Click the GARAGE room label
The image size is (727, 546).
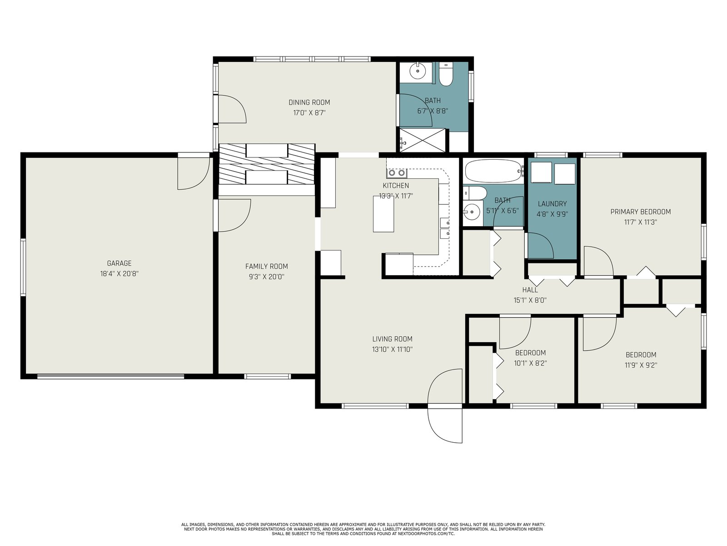coord(119,263)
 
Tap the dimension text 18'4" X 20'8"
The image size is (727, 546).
coord(119,274)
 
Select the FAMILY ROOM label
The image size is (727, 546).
coord(267,266)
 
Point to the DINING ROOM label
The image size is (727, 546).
coord(309,102)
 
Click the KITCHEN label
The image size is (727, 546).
coord(396,186)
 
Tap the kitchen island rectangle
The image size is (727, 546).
coord(383,214)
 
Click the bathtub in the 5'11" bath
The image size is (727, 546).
coord(494,171)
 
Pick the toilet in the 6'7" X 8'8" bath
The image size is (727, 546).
coord(446,74)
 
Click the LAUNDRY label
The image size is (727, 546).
coord(552,204)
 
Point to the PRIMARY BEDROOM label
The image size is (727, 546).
coord(641,212)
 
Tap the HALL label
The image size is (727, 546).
coord(530,290)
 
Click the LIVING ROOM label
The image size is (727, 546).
coord(393,339)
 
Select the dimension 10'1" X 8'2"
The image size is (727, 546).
coord(530,364)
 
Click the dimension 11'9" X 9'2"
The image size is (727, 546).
coord(641,365)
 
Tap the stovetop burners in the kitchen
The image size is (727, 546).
coord(397,173)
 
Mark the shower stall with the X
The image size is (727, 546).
coord(423,140)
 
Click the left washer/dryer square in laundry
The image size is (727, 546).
coord(541,172)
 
